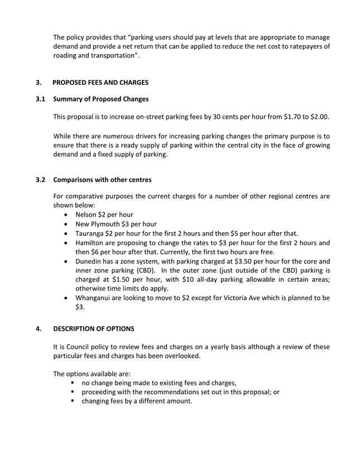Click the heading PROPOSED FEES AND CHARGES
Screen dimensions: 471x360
click(100, 83)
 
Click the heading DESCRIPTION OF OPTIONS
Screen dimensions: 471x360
click(93, 329)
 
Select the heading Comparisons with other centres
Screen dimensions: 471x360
click(102, 180)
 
